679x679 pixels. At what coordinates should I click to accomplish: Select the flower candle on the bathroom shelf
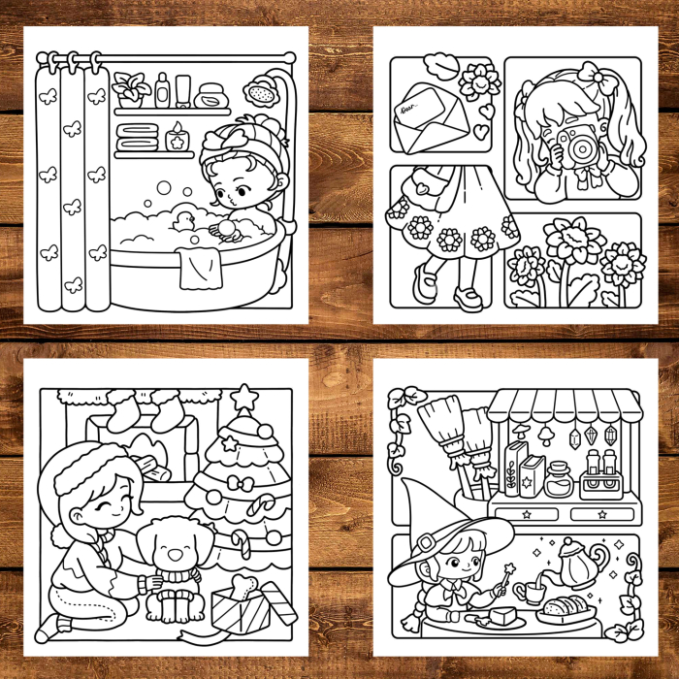click(x=177, y=139)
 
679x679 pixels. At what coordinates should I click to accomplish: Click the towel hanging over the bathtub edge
click(x=200, y=268)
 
